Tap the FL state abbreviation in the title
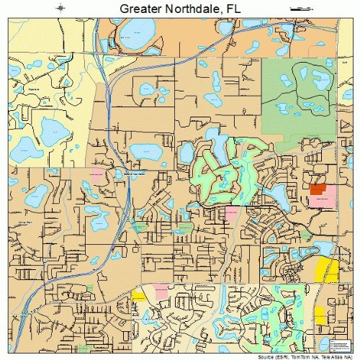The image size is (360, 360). pos(231,9)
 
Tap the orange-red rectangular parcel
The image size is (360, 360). pos(318,189)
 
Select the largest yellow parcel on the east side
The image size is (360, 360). pos(328,269)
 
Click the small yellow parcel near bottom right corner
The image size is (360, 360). pos(319,315)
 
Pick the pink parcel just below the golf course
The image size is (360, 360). pos(232,213)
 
